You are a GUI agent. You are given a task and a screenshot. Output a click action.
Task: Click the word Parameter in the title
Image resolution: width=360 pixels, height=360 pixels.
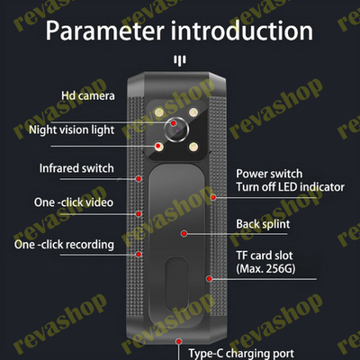tap(105, 31)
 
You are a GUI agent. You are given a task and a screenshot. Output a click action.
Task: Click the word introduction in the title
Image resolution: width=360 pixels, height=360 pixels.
tap(242, 31)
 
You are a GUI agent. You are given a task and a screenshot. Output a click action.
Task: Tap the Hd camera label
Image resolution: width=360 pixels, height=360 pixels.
tap(88, 95)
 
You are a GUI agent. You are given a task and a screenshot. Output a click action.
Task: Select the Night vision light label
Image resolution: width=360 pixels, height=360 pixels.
tap(72, 130)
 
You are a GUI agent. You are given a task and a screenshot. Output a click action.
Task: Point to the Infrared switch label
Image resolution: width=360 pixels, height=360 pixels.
tap(76, 168)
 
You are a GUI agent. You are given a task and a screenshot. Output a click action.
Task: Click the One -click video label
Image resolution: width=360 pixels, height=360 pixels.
tap(74, 202)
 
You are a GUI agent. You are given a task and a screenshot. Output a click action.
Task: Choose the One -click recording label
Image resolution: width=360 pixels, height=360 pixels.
tap(64, 245)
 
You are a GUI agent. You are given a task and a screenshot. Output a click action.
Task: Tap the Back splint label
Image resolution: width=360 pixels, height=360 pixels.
tap(263, 224)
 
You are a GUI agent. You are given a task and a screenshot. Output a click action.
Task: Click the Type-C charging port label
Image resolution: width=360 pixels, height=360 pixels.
tap(241, 354)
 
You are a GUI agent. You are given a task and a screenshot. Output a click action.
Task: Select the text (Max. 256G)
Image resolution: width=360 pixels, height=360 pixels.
tap(265, 268)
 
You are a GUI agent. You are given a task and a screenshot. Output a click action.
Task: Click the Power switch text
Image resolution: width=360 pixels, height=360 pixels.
tap(269, 174)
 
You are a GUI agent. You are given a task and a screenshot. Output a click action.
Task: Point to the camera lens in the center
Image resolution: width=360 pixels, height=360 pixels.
tap(176, 130)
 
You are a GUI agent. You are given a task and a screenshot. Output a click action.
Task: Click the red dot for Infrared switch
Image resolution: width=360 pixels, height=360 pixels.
tap(139, 178)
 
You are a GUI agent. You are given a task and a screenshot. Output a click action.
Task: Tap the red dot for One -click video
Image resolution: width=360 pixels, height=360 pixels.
tap(139, 213)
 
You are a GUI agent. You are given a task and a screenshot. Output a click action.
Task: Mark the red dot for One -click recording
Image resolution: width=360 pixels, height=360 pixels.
tap(139, 255)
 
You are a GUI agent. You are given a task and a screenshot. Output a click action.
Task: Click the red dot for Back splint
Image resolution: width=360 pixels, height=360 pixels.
tap(184, 233)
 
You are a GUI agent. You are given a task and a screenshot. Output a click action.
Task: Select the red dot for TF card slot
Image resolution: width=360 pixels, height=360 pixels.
tap(210, 279)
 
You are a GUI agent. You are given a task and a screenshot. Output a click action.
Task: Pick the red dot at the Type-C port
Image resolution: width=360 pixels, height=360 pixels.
tap(179, 341)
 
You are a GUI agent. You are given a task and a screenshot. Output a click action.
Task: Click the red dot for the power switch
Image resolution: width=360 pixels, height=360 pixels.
tap(213, 197)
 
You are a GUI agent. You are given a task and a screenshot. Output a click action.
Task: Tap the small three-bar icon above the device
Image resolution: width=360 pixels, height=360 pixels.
tap(180, 60)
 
